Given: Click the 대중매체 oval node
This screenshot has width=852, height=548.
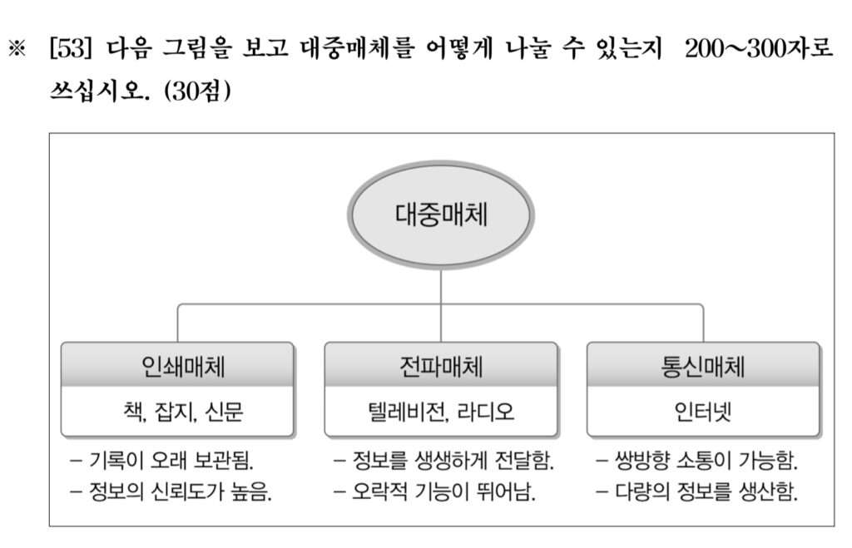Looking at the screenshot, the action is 441,215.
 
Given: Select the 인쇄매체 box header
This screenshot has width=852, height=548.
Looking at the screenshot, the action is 178,365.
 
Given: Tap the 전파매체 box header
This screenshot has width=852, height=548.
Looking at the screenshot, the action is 441,365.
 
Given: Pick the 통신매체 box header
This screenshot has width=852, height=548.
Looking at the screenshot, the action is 703,365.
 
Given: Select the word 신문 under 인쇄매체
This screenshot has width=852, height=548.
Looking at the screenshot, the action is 224,411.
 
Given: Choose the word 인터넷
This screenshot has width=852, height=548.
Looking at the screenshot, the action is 702,412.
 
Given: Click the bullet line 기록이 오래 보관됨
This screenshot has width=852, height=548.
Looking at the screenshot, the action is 162,462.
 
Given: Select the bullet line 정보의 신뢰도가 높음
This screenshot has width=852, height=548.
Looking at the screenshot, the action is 171,492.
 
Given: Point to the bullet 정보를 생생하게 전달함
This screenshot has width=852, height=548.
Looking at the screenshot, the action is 443,462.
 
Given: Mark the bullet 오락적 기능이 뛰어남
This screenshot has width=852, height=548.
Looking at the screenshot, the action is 434,492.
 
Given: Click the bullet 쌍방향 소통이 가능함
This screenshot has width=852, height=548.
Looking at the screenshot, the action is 696,462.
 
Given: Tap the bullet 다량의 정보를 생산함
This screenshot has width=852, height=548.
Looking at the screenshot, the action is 696,492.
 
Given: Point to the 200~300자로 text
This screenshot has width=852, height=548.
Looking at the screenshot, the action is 759,48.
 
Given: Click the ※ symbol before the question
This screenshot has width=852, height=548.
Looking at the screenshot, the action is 17,49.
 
